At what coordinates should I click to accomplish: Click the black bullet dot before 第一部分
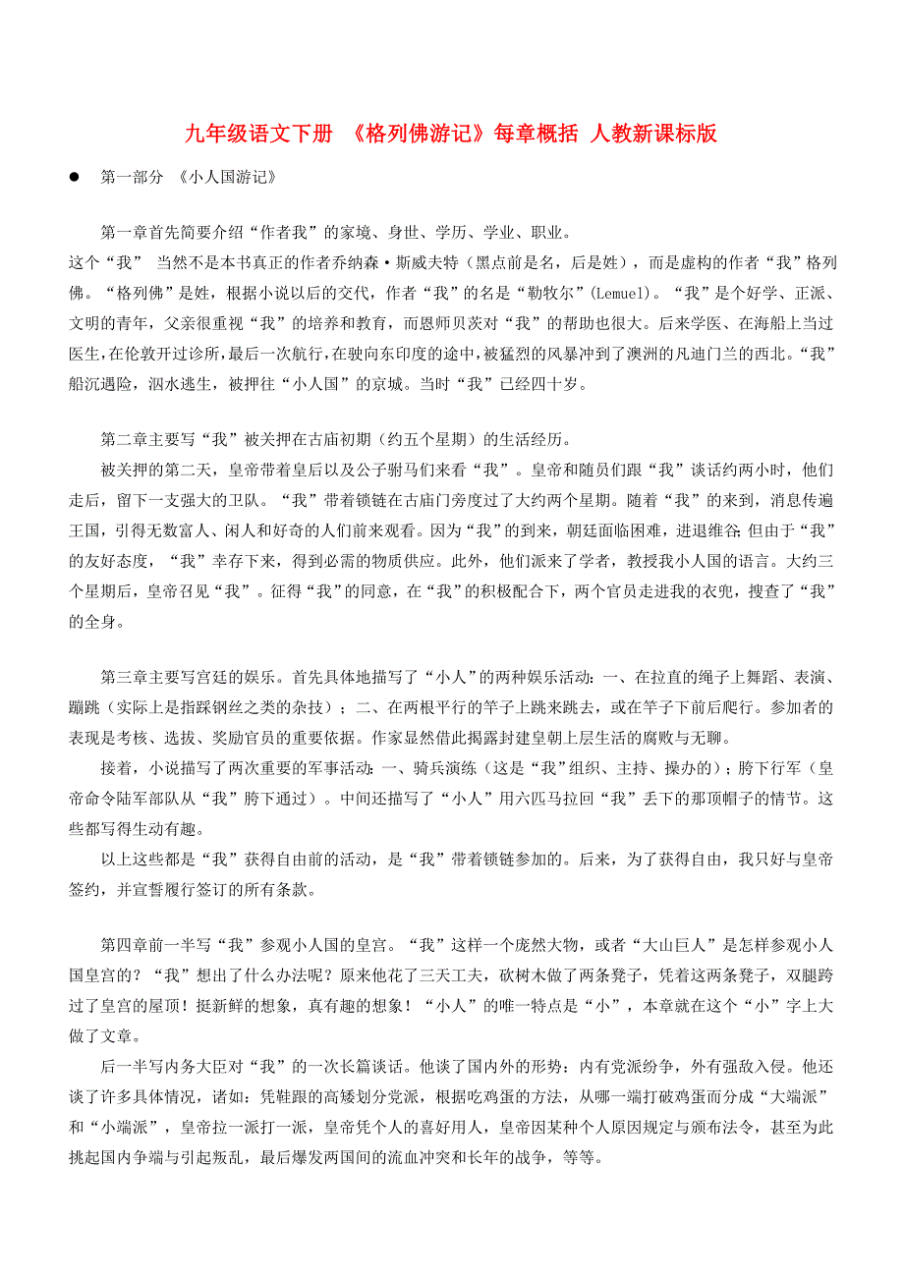point(73,179)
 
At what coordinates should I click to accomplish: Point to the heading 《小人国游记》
point(221,179)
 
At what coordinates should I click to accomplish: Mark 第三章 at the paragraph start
point(124,678)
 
